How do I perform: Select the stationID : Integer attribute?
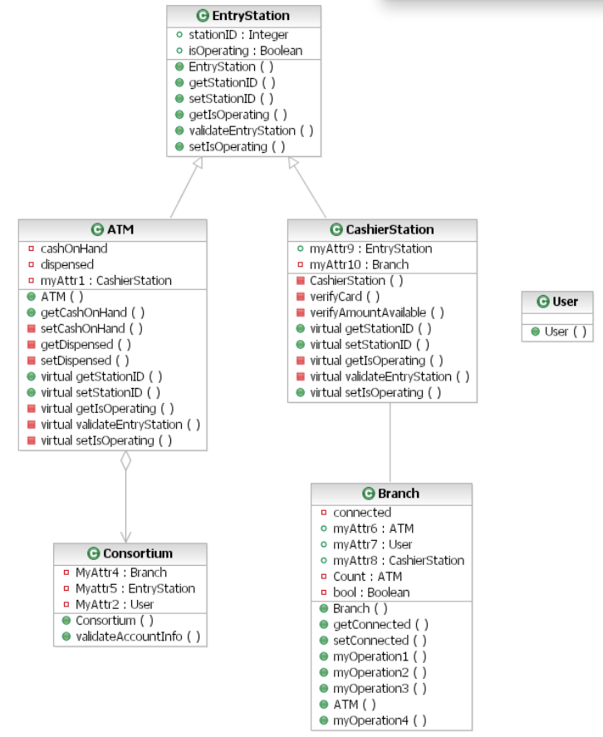point(239,35)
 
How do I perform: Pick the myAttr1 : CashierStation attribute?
point(105,280)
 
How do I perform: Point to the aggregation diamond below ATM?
point(125,461)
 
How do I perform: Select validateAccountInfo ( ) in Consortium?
point(138,636)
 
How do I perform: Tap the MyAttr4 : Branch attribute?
point(120,572)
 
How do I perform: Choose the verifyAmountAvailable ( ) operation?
point(376,312)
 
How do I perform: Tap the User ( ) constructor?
point(565,332)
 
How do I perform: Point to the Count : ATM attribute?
point(367,577)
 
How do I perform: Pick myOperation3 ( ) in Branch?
point(379,689)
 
